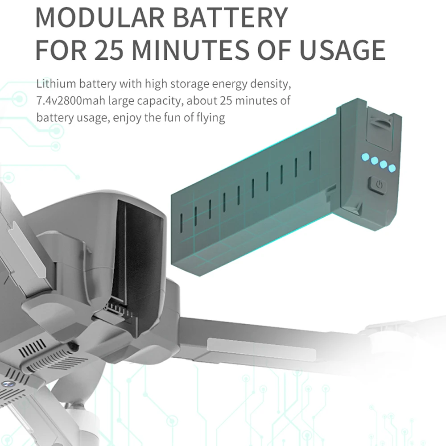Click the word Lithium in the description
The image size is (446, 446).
pos(53,84)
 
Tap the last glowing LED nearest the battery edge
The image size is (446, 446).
pos(392,168)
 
